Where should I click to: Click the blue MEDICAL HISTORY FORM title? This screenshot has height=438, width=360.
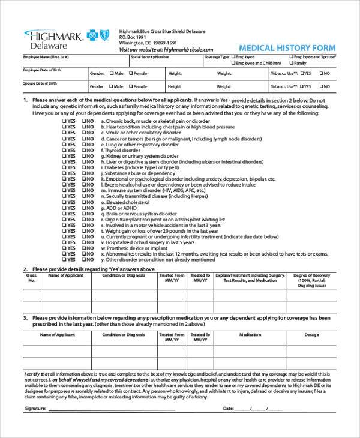point(287,47)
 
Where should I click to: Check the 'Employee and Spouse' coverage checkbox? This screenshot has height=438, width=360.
point(292,56)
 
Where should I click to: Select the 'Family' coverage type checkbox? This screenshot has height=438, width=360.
point(292,62)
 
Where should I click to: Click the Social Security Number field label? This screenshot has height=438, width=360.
point(149,56)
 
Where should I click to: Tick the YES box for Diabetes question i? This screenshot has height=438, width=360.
point(65,169)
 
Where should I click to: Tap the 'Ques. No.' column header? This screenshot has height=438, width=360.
point(31,279)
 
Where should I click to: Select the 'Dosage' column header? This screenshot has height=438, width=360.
point(312,334)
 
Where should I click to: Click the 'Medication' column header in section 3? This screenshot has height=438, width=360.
point(250,334)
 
